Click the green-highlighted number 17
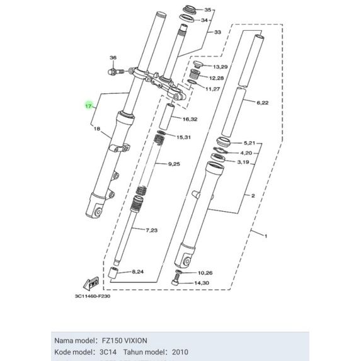click(x=89, y=106)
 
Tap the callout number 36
click(x=113, y=57)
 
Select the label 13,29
click(x=221, y=67)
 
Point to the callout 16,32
click(x=190, y=119)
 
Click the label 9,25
click(x=174, y=164)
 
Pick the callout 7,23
click(x=152, y=230)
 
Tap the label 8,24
click(x=138, y=272)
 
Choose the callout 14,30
click(x=202, y=283)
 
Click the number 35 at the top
click(x=208, y=10)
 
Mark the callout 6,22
click(x=263, y=103)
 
